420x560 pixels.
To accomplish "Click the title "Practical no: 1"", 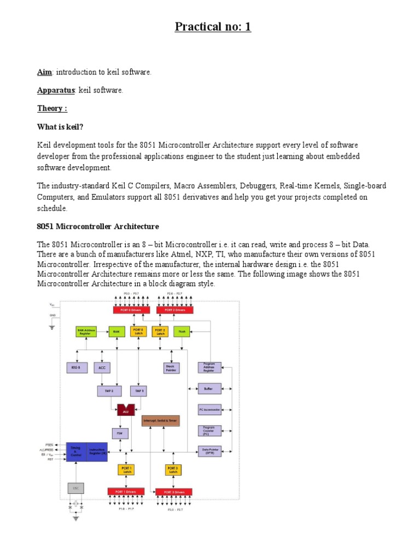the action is click(213, 26).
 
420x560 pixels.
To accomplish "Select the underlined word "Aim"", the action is click(44, 72).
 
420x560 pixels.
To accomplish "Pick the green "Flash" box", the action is click(182, 331).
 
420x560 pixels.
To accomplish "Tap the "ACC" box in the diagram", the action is click(102, 367).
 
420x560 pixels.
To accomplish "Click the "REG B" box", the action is click(76, 367).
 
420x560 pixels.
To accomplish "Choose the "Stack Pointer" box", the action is click(171, 368).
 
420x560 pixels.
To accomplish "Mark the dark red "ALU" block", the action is click(125, 409).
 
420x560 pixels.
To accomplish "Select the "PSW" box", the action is click(120, 433).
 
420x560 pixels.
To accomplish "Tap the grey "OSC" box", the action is click(75, 488).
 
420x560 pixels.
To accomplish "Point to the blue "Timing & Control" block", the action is click(76, 452).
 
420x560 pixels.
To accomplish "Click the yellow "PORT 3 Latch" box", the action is click(173, 470).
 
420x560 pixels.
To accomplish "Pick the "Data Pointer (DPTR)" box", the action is click(210, 451).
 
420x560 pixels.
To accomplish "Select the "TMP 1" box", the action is click(138, 390).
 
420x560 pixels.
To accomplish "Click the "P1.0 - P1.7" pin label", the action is click(126, 509).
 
